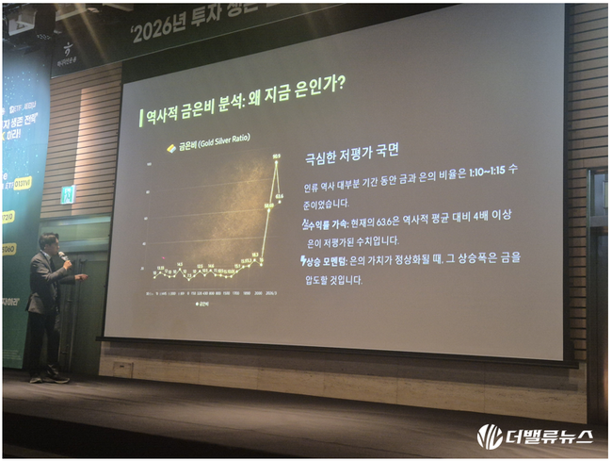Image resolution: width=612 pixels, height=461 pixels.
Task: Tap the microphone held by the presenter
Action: [x=63, y=255]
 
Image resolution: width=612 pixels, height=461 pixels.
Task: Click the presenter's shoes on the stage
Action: [x=47, y=376]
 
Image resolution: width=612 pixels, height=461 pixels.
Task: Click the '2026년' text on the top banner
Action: [x=161, y=33]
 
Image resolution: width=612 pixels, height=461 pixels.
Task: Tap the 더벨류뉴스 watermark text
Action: [x=547, y=436]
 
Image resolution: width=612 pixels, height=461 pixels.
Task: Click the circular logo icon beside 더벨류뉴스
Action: [x=489, y=436]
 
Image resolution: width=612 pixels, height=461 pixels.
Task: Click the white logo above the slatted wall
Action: [x=67, y=50]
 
